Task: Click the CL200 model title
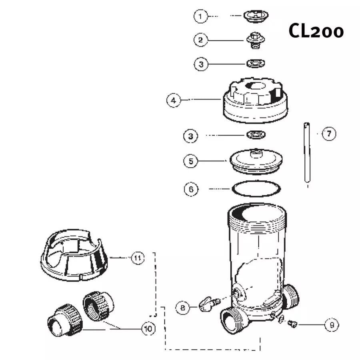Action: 316,31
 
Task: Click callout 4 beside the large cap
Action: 173,100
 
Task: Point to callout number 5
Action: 191,161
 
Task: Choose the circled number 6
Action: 191,189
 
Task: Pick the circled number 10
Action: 148,329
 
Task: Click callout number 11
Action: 137,258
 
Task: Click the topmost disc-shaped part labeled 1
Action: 256,16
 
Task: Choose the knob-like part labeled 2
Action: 254,40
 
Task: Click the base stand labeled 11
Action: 76,256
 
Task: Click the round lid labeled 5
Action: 256,161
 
